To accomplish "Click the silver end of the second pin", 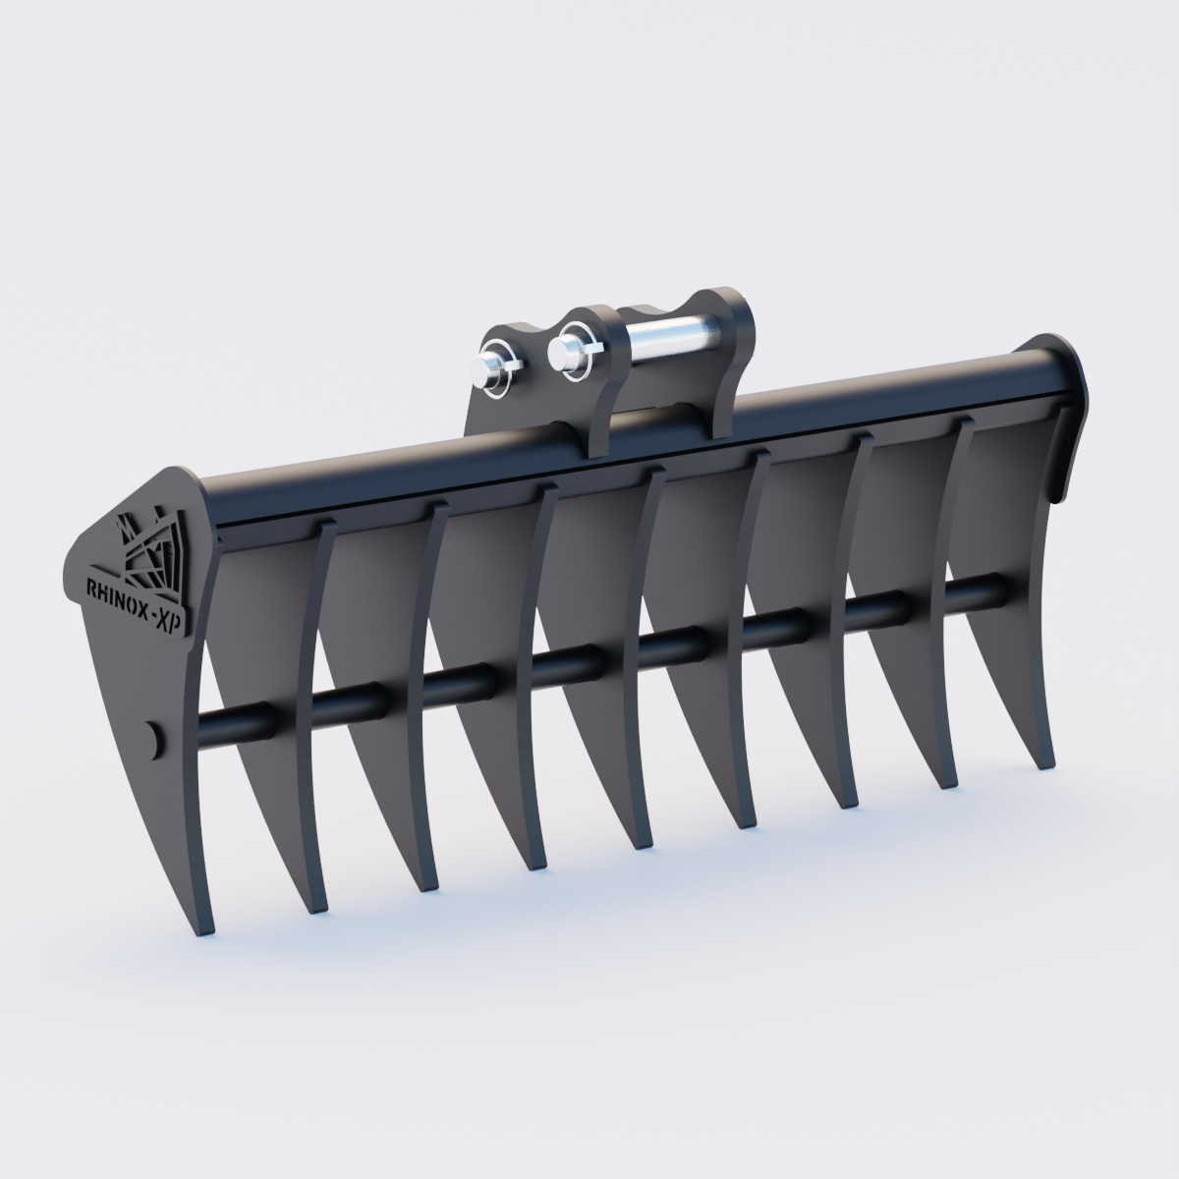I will [x=564, y=352].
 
